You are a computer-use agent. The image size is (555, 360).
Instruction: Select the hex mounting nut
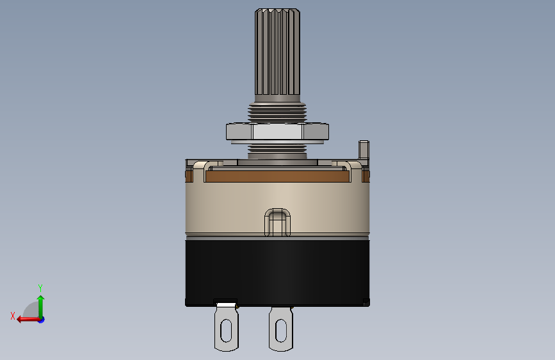coord(277,132)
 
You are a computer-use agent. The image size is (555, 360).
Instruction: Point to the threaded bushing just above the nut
coord(277,113)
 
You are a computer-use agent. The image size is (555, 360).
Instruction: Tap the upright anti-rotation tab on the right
coord(365,150)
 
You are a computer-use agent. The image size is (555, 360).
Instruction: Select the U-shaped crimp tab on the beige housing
coord(277,221)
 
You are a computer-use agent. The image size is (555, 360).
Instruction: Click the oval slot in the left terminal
coord(225,331)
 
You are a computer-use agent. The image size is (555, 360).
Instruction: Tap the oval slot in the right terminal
coord(280,331)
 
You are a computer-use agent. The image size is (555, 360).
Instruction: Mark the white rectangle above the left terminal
coord(225,303)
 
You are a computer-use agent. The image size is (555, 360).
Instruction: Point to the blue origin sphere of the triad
coord(40,319)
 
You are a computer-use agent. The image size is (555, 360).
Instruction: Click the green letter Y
coord(40,288)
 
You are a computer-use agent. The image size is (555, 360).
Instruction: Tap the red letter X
coord(12,316)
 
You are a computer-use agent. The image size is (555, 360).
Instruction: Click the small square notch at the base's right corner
coord(366,301)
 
